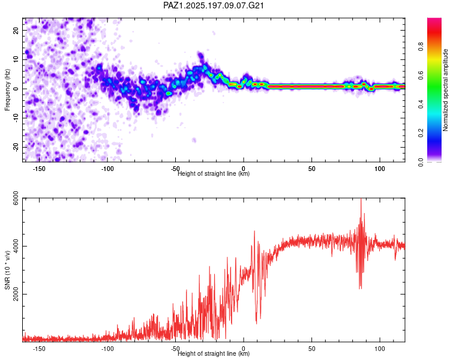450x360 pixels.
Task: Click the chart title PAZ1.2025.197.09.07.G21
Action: (x=214, y=5)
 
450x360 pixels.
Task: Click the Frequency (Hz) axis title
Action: (x=7, y=89)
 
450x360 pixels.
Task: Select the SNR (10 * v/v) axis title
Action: (x=7, y=270)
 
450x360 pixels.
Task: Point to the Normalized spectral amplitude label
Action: (x=445, y=90)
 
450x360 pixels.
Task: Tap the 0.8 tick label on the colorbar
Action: (x=421, y=46)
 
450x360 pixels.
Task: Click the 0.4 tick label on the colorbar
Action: (x=421, y=104)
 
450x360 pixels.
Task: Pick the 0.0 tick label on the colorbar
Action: (x=421, y=162)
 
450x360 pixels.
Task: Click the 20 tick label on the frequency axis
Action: (x=16, y=30)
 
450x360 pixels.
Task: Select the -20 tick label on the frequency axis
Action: (x=16, y=147)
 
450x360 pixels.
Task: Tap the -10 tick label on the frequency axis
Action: (x=16, y=118)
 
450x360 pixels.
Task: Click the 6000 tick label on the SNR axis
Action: (x=16, y=198)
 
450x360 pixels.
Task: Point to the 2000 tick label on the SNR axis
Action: (x=16, y=294)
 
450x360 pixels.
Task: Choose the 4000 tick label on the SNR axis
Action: (x=16, y=246)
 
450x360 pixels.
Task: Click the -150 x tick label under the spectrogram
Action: (x=39, y=169)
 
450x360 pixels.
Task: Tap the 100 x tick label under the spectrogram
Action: (x=380, y=169)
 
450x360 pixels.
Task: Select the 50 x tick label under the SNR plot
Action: (x=311, y=349)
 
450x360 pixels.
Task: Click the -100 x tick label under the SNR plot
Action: (x=107, y=349)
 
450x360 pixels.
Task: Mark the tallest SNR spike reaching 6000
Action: (x=361, y=199)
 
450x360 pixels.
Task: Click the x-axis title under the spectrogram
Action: (x=214, y=173)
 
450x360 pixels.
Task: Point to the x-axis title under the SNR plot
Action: (x=214, y=353)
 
